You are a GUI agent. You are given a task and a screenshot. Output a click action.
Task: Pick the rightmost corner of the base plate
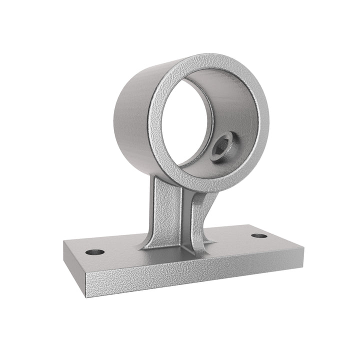click(x=303, y=247)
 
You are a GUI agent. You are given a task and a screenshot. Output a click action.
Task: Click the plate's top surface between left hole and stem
click(x=120, y=250)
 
